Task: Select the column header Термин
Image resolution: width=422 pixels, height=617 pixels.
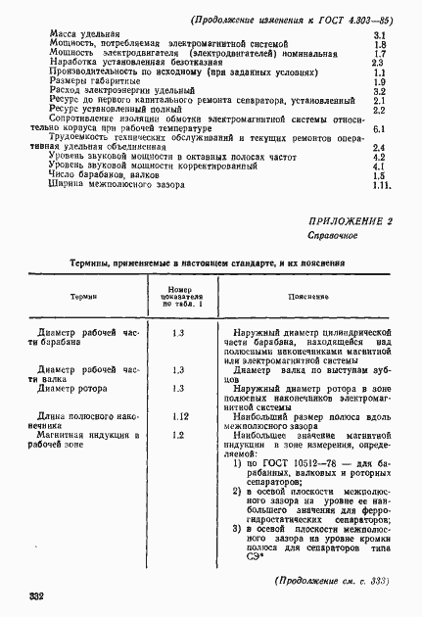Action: (82, 295)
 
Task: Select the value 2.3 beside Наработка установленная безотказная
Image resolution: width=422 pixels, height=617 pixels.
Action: (382, 63)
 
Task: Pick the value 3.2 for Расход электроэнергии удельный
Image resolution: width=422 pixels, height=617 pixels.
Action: (382, 91)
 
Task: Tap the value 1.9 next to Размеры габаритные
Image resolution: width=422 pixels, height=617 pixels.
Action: (382, 82)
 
